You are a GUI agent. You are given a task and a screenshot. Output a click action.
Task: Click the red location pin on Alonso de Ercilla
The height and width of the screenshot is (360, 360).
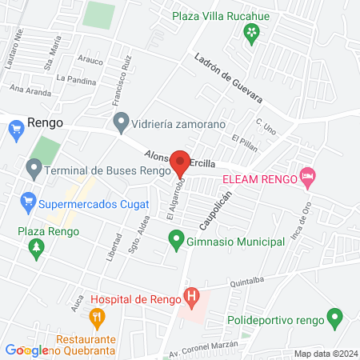click(x=181, y=162)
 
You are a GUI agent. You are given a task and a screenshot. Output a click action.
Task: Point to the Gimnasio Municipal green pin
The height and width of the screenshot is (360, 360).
click(x=175, y=239)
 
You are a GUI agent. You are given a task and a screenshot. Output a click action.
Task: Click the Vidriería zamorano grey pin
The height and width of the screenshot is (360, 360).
click(x=122, y=123)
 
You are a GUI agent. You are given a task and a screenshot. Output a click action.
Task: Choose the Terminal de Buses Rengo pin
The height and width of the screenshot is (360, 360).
click(x=34, y=170)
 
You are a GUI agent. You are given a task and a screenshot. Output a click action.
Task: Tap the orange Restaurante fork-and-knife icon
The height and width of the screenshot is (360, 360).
click(x=98, y=318)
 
